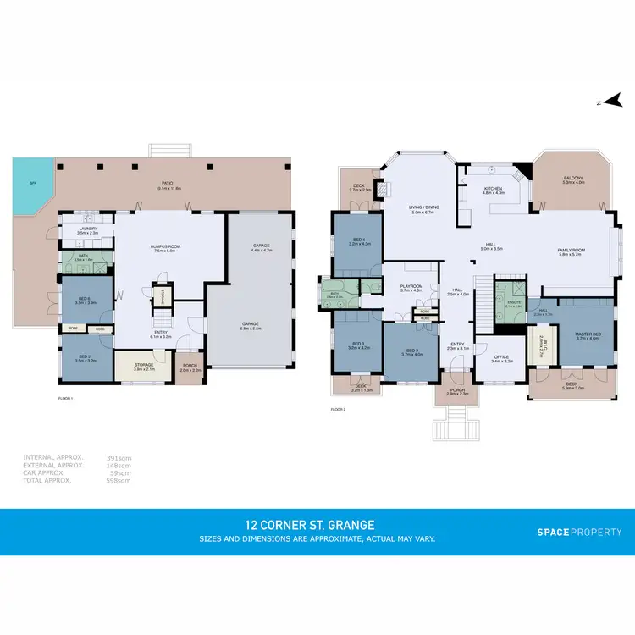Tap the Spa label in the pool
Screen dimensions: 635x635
[33, 183]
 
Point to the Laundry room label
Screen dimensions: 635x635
[88, 229]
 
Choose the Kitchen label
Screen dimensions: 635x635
[493, 190]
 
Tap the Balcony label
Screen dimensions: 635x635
[573, 179]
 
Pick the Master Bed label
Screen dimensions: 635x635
[587, 335]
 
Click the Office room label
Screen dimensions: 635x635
[502, 357]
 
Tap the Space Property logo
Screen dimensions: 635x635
[579, 532]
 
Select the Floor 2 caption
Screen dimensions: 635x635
[339, 410]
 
